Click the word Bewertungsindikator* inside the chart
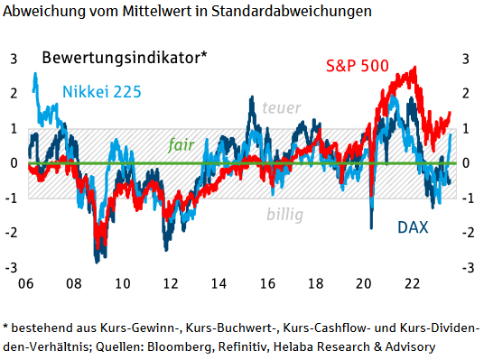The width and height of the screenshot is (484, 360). click(x=125, y=57)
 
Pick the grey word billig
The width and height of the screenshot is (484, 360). click(x=284, y=214)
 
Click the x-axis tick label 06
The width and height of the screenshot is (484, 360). click(x=27, y=282)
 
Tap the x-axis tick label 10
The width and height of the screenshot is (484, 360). click(x=122, y=282)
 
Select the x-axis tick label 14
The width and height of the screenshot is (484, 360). click(x=218, y=282)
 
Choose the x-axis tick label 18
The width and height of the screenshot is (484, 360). click(x=313, y=282)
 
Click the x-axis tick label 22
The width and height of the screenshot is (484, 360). click(x=409, y=282)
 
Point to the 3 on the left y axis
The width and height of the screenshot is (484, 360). click(x=14, y=59)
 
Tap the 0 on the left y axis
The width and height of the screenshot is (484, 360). click(x=14, y=163)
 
